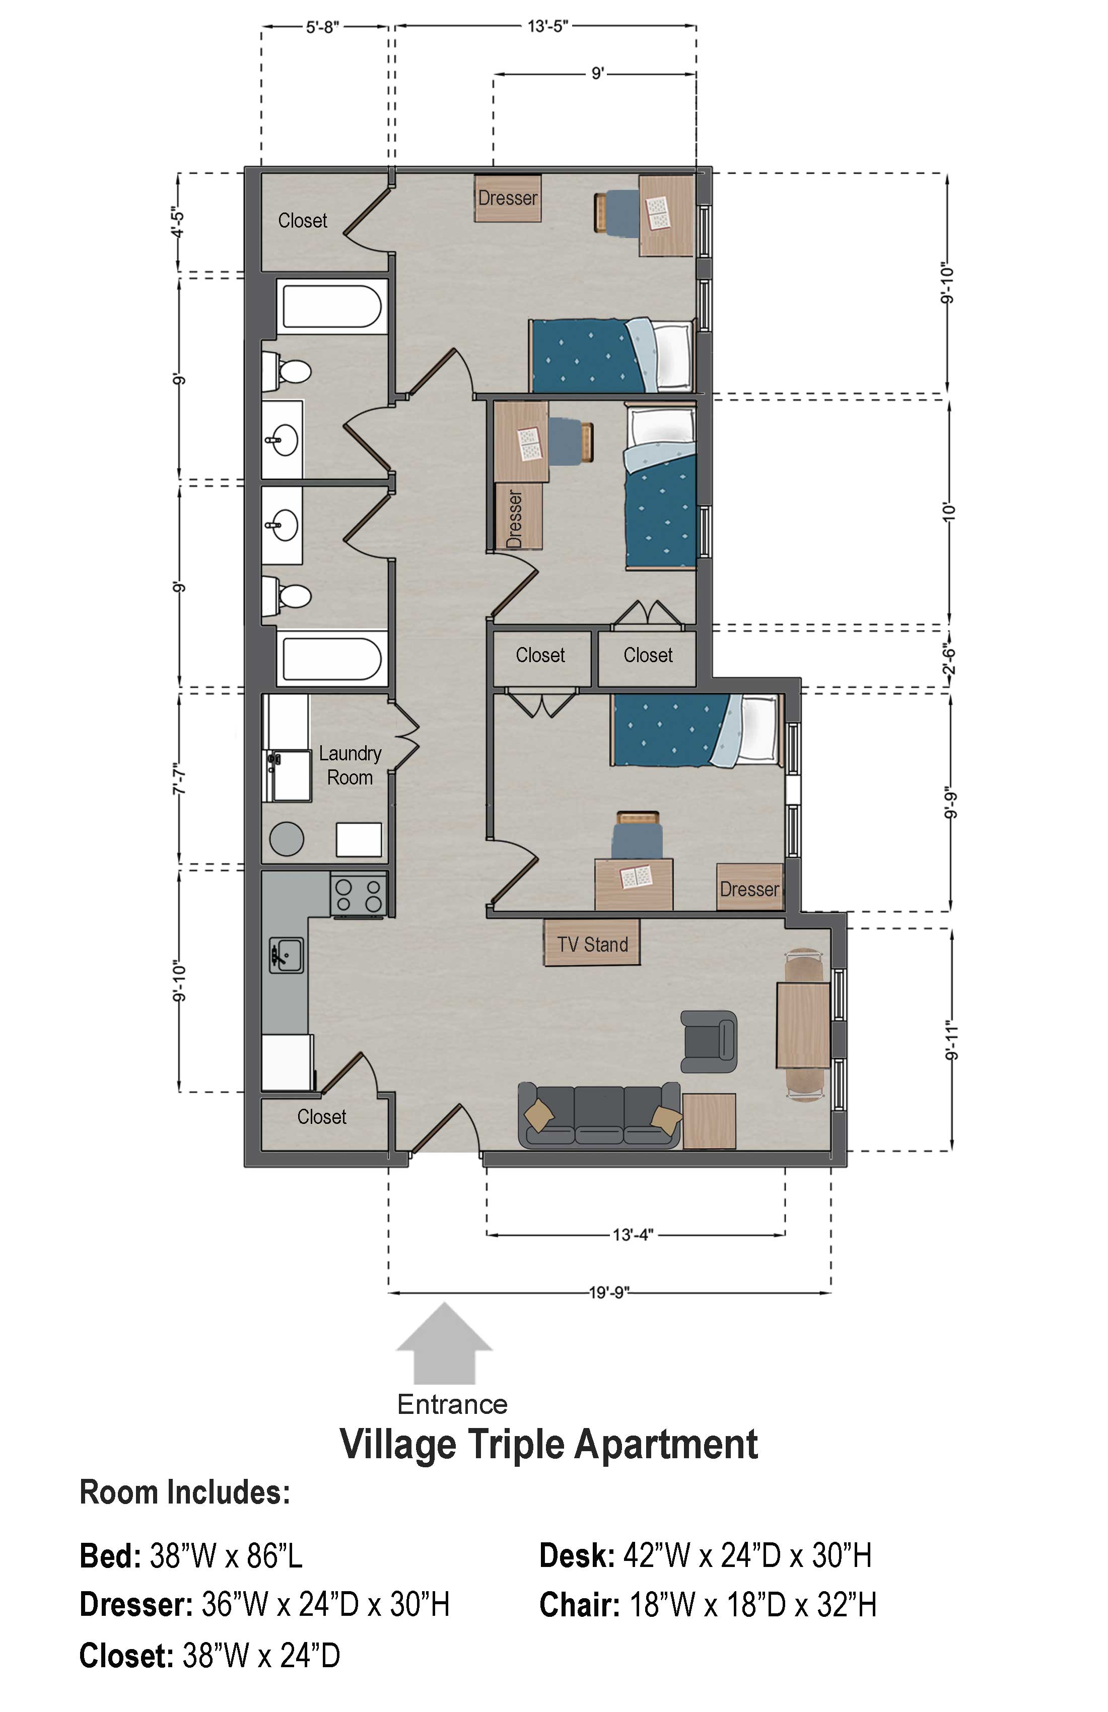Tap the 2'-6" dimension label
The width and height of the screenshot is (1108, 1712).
pos(950,658)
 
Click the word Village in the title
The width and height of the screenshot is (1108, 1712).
pos(398,1445)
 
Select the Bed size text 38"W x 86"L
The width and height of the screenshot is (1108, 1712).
pos(226,1555)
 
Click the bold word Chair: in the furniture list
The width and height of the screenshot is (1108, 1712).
pos(579,1604)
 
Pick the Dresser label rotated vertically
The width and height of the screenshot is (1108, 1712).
pos(514,519)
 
